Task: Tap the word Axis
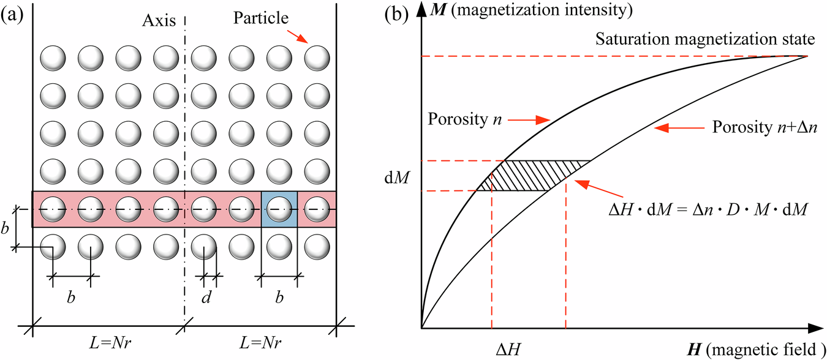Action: [156, 21]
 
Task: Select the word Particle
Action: [260, 18]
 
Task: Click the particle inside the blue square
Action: [279, 209]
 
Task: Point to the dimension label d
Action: [208, 298]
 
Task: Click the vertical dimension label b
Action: [6, 229]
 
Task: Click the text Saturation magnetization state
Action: [704, 39]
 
